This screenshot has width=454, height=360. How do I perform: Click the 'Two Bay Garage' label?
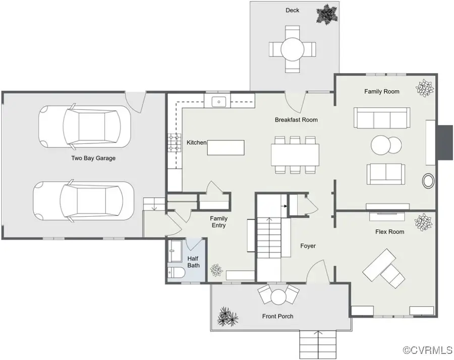tap(93, 158)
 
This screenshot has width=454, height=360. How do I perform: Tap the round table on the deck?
tap(292, 49)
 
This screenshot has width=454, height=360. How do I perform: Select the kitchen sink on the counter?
tap(219, 101)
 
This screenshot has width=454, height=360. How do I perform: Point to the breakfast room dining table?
tap(295, 155)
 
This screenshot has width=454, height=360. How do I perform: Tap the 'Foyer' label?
tap(308, 246)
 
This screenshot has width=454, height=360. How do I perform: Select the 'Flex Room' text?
tap(389, 232)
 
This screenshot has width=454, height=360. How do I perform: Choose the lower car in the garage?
tap(84, 200)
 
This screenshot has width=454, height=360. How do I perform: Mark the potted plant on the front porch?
tap(227, 317)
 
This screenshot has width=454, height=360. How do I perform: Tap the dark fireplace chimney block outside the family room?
tap(444, 142)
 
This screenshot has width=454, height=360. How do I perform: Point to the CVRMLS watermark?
tap(427, 350)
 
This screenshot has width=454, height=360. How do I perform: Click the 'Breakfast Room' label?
tap(296, 120)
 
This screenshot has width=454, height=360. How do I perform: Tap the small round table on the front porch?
tap(279, 295)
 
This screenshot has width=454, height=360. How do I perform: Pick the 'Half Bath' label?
tap(194, 262)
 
